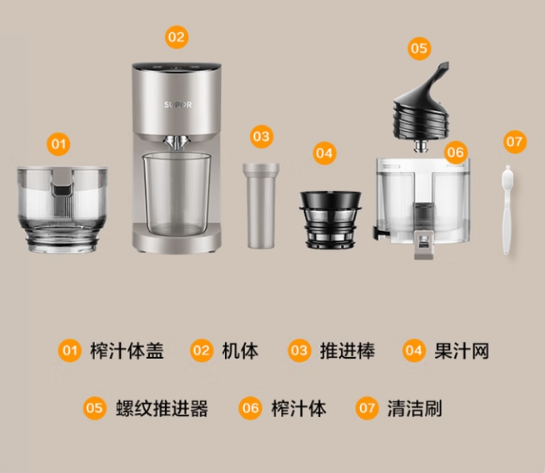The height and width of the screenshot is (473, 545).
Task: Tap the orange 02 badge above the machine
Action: tap(177, 38)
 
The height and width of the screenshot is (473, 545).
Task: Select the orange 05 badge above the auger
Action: tap(419, 48)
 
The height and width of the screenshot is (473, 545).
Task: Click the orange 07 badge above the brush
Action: tap(515, 141)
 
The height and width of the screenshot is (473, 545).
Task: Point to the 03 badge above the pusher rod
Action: tap(262, 135)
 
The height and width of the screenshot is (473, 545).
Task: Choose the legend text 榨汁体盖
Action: tap(126, 351)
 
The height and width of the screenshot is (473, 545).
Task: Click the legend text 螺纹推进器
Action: tap(161, 409)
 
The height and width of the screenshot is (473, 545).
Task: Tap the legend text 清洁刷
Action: tap(414, 409)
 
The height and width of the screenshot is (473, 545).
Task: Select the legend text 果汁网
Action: tap(461, 351)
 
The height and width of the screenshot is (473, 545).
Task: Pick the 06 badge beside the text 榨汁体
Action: tap(250, 409)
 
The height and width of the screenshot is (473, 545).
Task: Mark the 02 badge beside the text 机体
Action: tap(202, 351)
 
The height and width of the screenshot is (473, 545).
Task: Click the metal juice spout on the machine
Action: tap(177, 142)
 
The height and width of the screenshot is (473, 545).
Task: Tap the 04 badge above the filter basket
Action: tap(324, 153)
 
